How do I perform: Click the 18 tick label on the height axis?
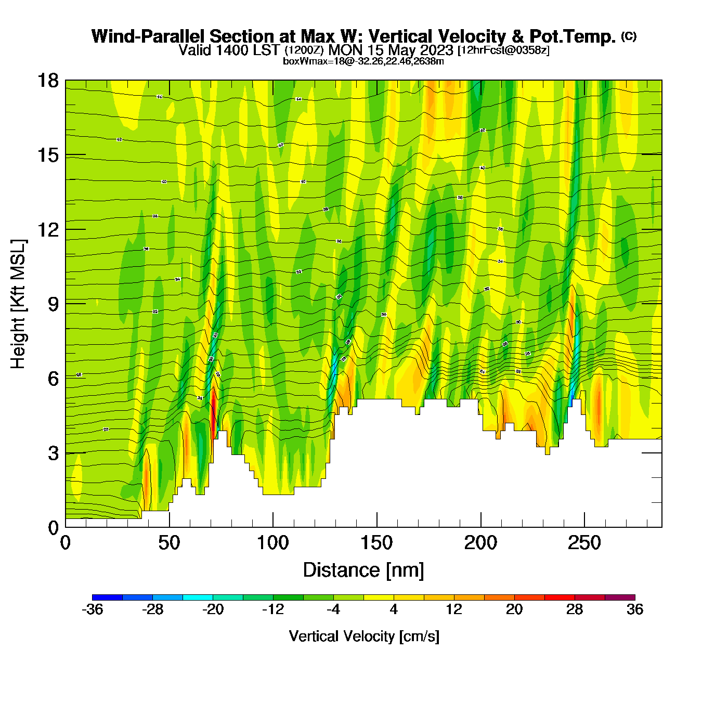[x=47, y=81]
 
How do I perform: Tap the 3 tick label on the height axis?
[x=53, y=453]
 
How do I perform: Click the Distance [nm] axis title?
[x=363, y=570]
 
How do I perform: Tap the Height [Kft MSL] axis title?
[x=18, y=304]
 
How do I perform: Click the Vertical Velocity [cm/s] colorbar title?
[x=364, y=636]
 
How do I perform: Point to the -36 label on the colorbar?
[x=92, y=609]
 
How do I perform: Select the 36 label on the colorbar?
[x=635, y=609]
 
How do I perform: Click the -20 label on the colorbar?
[x=213, y=609]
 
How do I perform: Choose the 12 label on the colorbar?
[x=454, y=609]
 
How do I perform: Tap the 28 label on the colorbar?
[x=575, y=609]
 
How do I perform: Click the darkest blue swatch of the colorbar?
[x=107, y=597]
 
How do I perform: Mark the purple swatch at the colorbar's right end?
[x=620, y=597]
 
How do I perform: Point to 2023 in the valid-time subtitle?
[x=434, y=50]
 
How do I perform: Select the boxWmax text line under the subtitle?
[x=363, y=61]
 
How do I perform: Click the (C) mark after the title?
[x=629, y=36]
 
